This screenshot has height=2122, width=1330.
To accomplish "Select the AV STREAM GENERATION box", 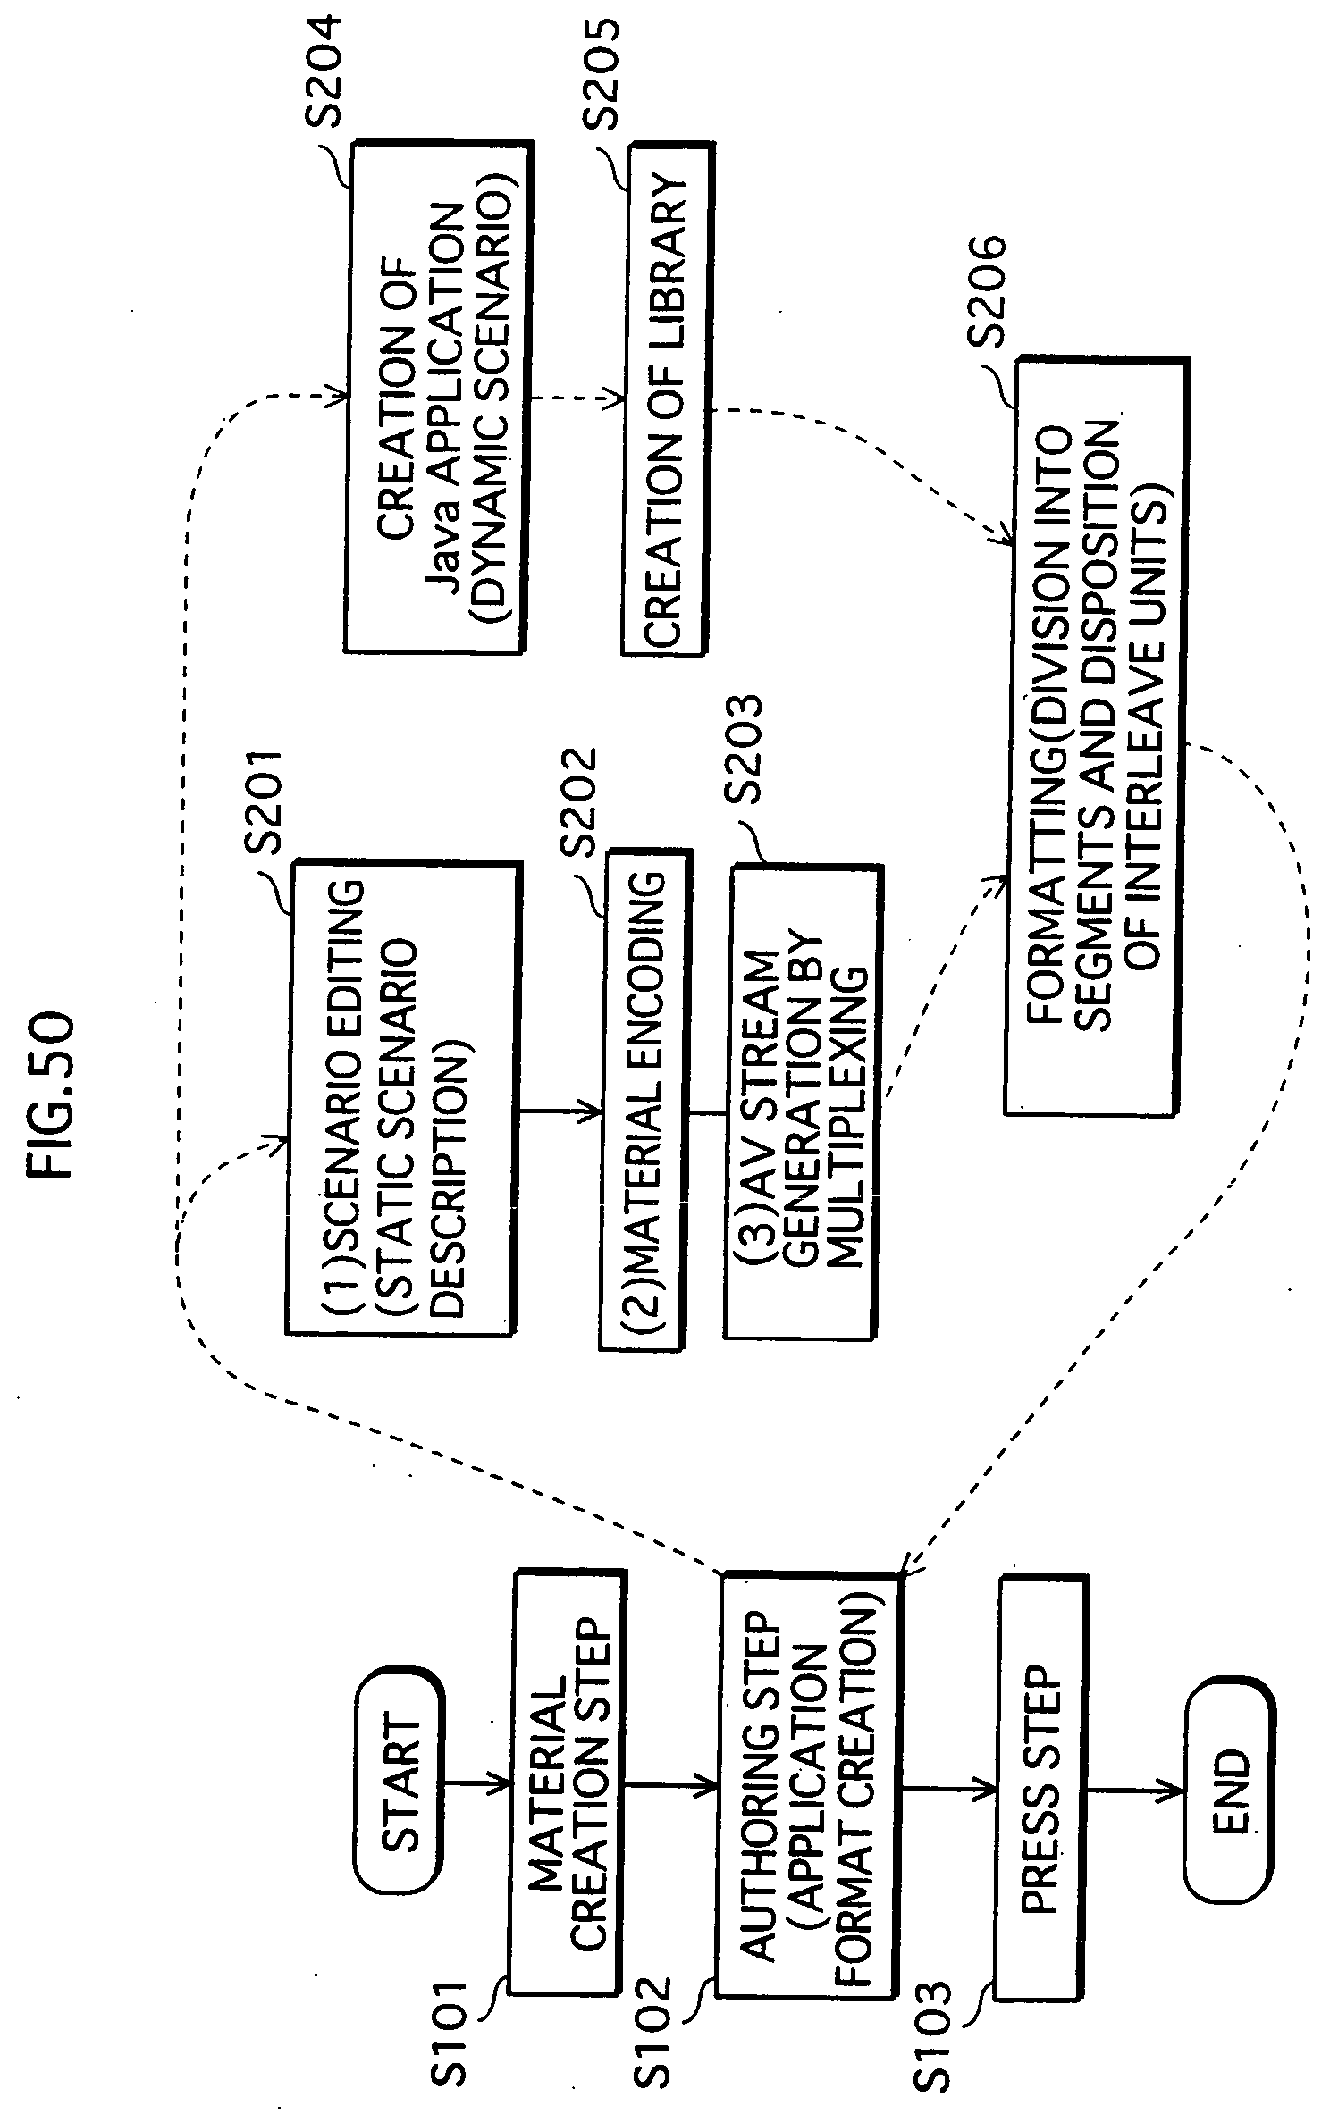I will (804, 1101).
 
